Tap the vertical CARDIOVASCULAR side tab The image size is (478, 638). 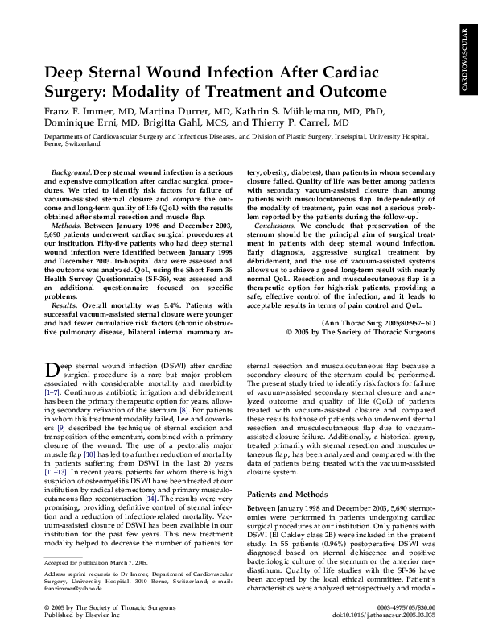pyautogui.click(x=465, y=61)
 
